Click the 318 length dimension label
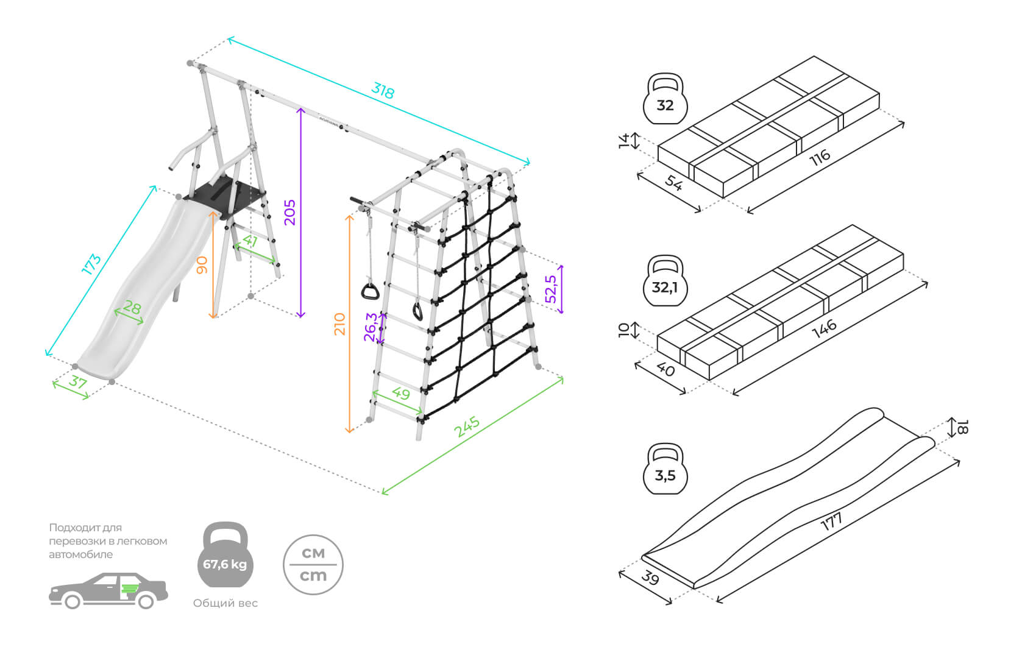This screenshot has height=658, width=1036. point(383,91)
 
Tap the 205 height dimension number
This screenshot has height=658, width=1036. point(290,212)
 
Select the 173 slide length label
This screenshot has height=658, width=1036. point(91,264)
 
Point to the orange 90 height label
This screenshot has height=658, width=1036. point(202,265)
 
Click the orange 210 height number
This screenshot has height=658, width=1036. point(339,324)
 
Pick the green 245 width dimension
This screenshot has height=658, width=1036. point(467,426)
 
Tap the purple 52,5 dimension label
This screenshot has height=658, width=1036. point(551,289)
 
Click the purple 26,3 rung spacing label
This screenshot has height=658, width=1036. point(371,327)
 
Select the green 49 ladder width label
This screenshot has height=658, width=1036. point(400,393)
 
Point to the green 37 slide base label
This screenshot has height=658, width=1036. point(77,382)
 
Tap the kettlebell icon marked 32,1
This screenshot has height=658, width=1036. point(665,281)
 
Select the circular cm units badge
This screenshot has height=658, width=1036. point(313,565)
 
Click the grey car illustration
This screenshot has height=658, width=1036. point(108,590)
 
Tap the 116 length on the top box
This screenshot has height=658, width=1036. point(820,157)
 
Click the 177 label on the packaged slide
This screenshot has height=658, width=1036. point(831,521)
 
